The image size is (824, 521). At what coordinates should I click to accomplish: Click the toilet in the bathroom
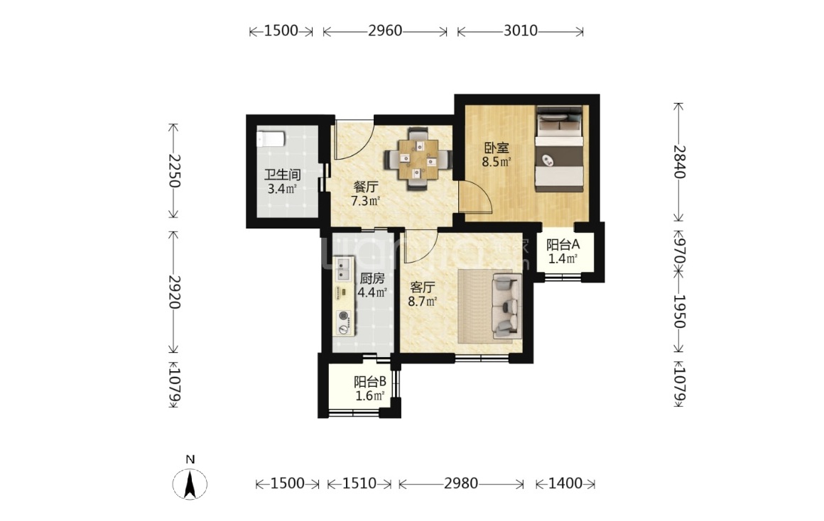point(271,140)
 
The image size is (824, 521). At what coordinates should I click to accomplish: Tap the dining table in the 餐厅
point(418,158)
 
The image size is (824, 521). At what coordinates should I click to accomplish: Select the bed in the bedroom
point(559,150)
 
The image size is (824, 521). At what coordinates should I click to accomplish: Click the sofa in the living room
point(506,307)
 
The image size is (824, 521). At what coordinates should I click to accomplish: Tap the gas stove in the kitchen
point(345,322)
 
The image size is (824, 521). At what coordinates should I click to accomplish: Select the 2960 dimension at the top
point(385,31)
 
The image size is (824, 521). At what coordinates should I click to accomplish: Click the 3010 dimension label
point(520,31)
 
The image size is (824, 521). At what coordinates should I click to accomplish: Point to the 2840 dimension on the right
point(680,162)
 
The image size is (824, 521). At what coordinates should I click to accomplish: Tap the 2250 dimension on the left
point(174,170)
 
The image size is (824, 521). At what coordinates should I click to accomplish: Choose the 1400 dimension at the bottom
point(565,483)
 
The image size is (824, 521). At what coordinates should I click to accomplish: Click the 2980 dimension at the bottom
point(461,483)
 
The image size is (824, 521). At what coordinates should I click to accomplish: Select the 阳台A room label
point(563,245)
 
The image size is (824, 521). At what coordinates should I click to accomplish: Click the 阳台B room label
point(371,382)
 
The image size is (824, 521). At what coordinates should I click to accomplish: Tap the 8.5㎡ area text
point(497,162)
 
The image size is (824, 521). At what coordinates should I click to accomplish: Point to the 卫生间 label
point(282,175)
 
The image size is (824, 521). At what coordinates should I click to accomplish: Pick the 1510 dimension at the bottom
point(359,483)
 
